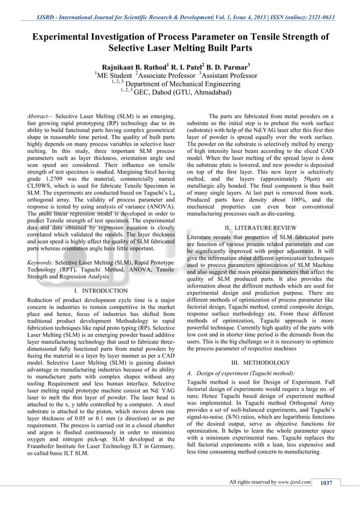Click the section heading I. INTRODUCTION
pyautogui.click(x=101, y=291)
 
